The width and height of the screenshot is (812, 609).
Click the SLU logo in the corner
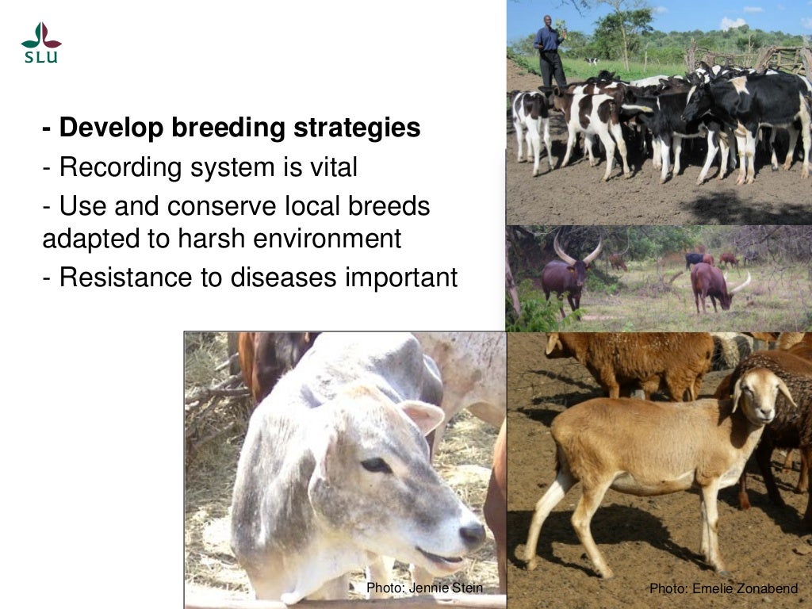pos(41,43)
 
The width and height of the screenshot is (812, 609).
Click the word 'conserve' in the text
pos(209,206)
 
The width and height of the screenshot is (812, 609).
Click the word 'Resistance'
pos(123,278)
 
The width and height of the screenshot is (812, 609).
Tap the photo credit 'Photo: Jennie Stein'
pos(423,588)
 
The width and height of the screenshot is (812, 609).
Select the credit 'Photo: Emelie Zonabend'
pos(723,588)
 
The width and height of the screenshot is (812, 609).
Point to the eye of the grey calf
pos(376,465)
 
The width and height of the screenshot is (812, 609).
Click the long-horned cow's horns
pos(577,252)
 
